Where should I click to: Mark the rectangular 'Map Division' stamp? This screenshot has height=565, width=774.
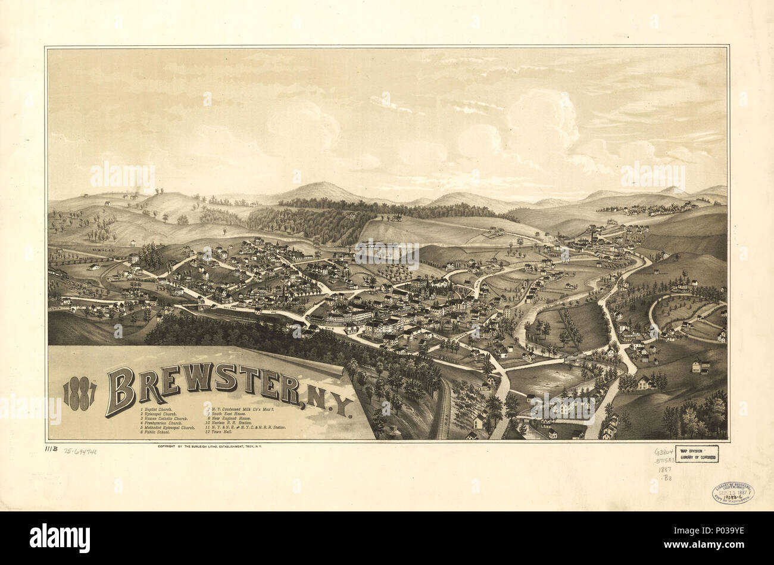point(696,454)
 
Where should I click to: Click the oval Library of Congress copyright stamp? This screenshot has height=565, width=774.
point(732,492)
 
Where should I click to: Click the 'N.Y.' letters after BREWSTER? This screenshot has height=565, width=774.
point(330,406)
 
